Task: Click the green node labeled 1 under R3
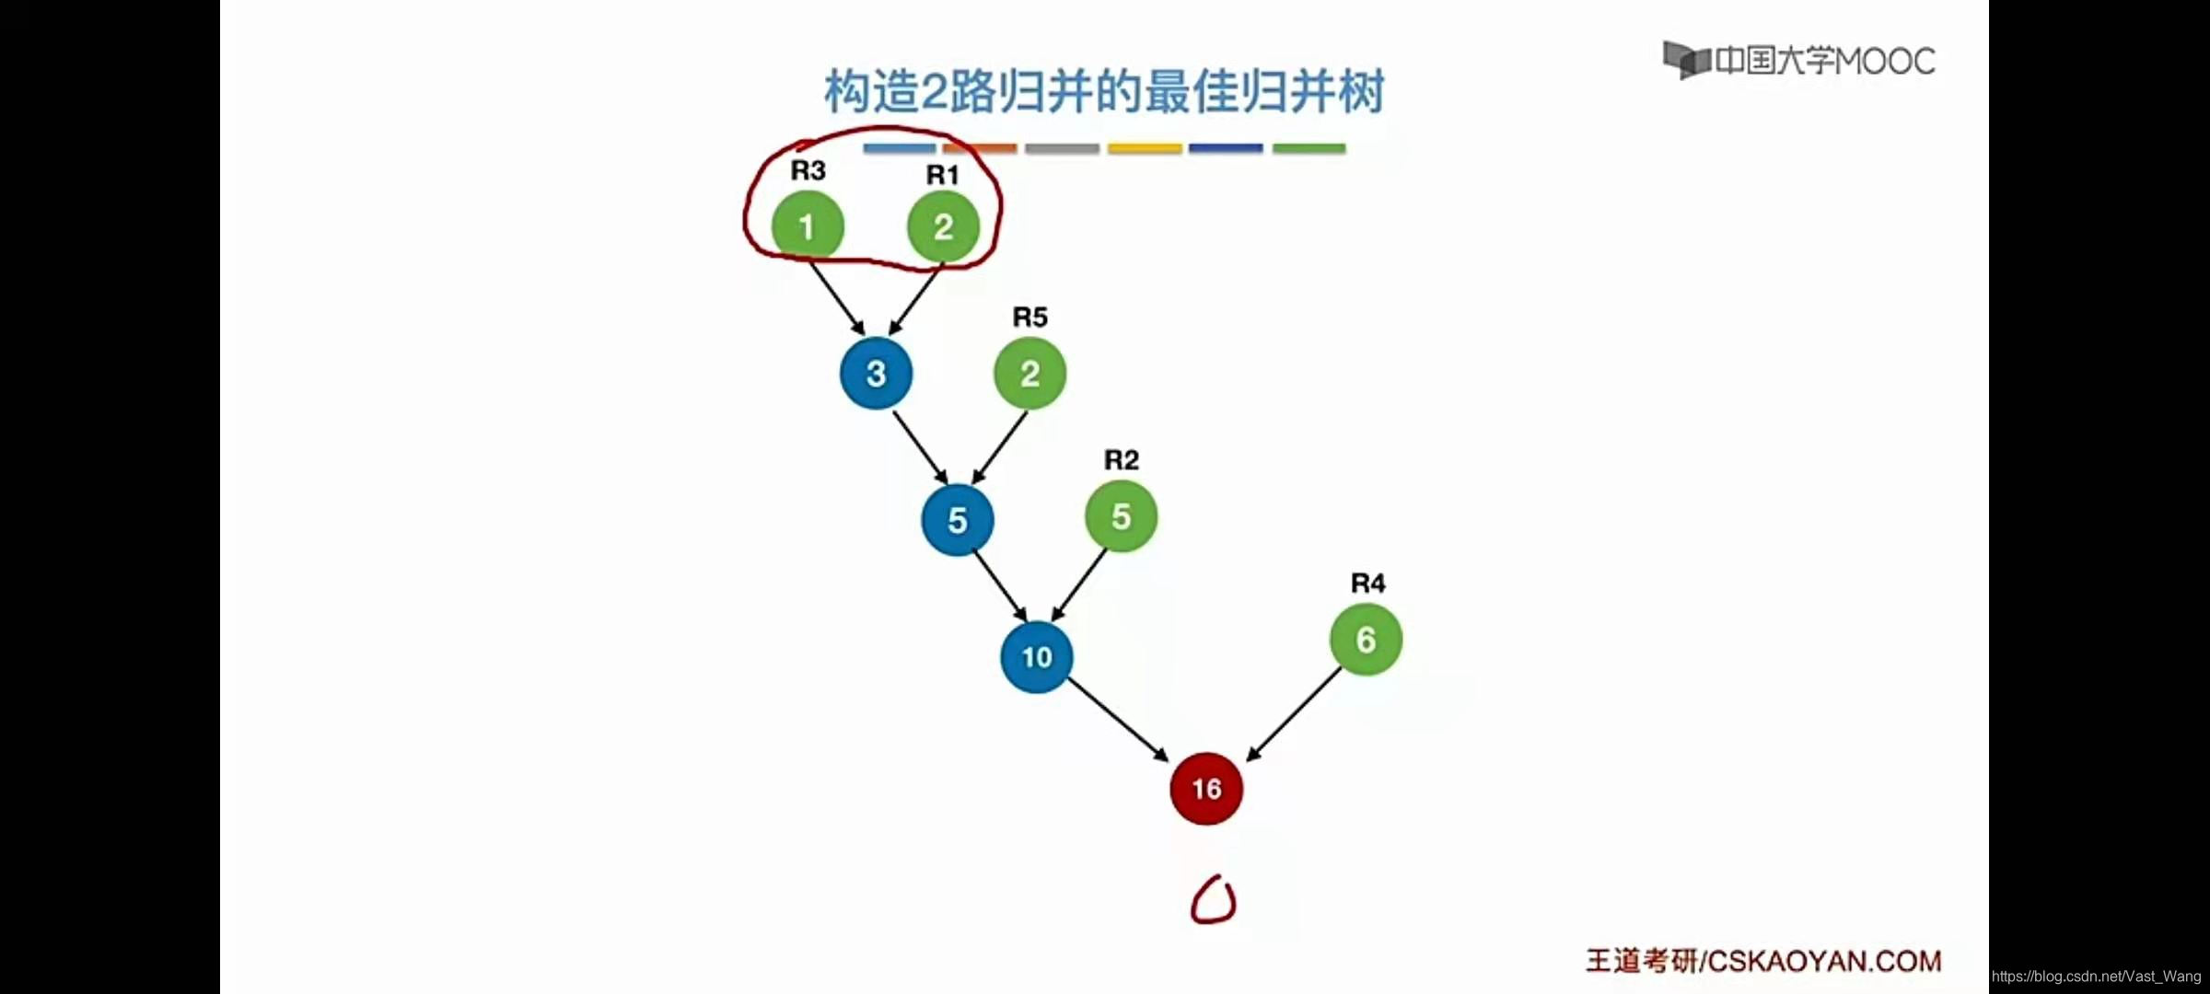coord(808,226)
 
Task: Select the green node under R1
coord(943,226)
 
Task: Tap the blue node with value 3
coord(876,373)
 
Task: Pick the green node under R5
coord(1029,373)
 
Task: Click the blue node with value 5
coord(957,520)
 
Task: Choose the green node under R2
coord(1121,516)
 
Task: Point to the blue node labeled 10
coord(1037,656)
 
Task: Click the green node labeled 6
coord(1366,640)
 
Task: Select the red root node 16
coord(1206,789)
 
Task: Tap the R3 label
coord(808,170)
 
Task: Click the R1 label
coord(942,175)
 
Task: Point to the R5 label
coord(1029,318)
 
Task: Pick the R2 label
coord(1121,460)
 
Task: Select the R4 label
coord(1367,584)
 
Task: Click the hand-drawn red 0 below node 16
coord(1213,900)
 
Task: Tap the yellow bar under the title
coord(1145,148)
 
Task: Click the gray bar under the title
coord(1062,148)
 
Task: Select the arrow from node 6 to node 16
coord(1294,715)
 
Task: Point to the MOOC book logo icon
coord(1685,60)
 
